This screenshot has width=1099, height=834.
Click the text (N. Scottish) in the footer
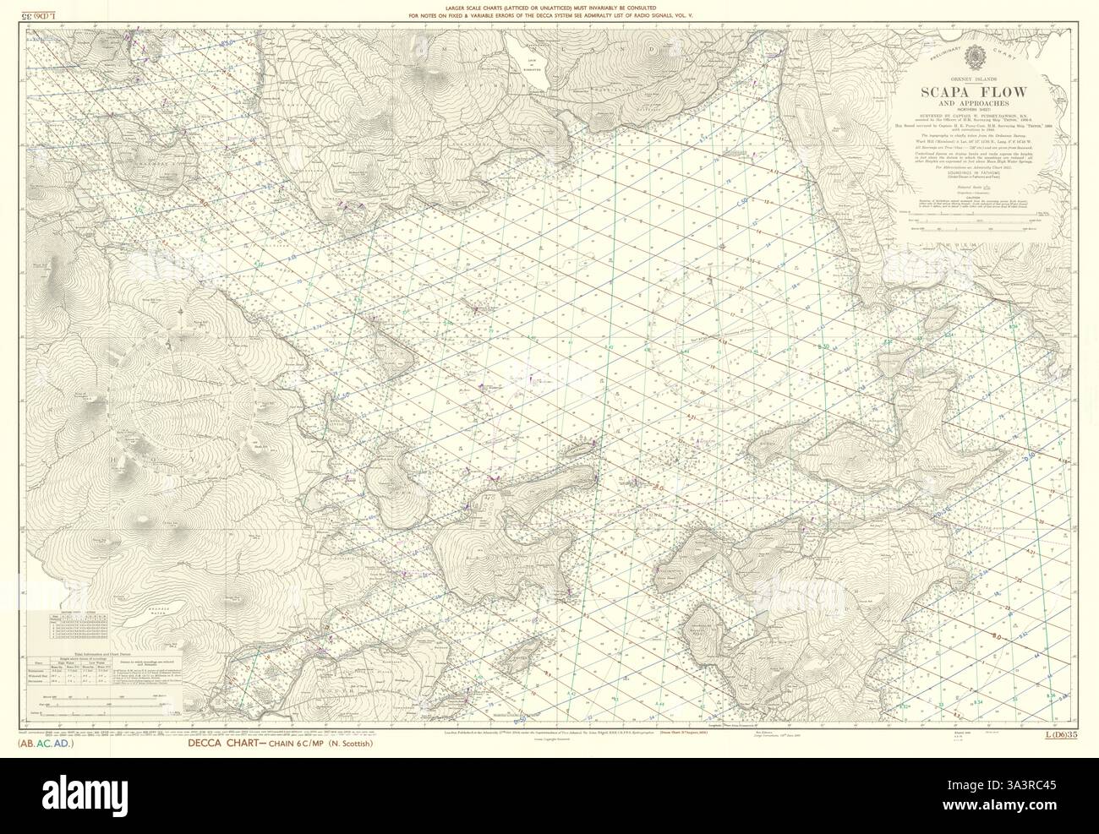click(342, 744)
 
